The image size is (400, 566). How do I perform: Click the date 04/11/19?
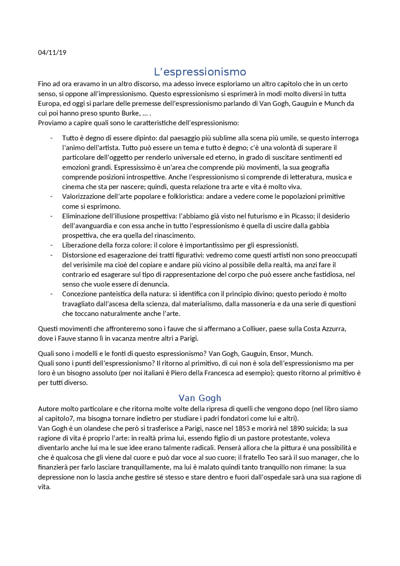(x=52, y=53)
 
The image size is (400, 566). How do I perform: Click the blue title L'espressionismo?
(x=200, y=72)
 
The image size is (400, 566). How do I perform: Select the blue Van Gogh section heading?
(x=200, y=398)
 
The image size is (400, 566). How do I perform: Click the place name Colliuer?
(x=254, y=328)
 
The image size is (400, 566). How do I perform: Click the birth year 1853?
(x=242, y=428)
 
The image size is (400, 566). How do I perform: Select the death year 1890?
(x=297, y=428)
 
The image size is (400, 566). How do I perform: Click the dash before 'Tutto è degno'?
(x=52, y=138)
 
